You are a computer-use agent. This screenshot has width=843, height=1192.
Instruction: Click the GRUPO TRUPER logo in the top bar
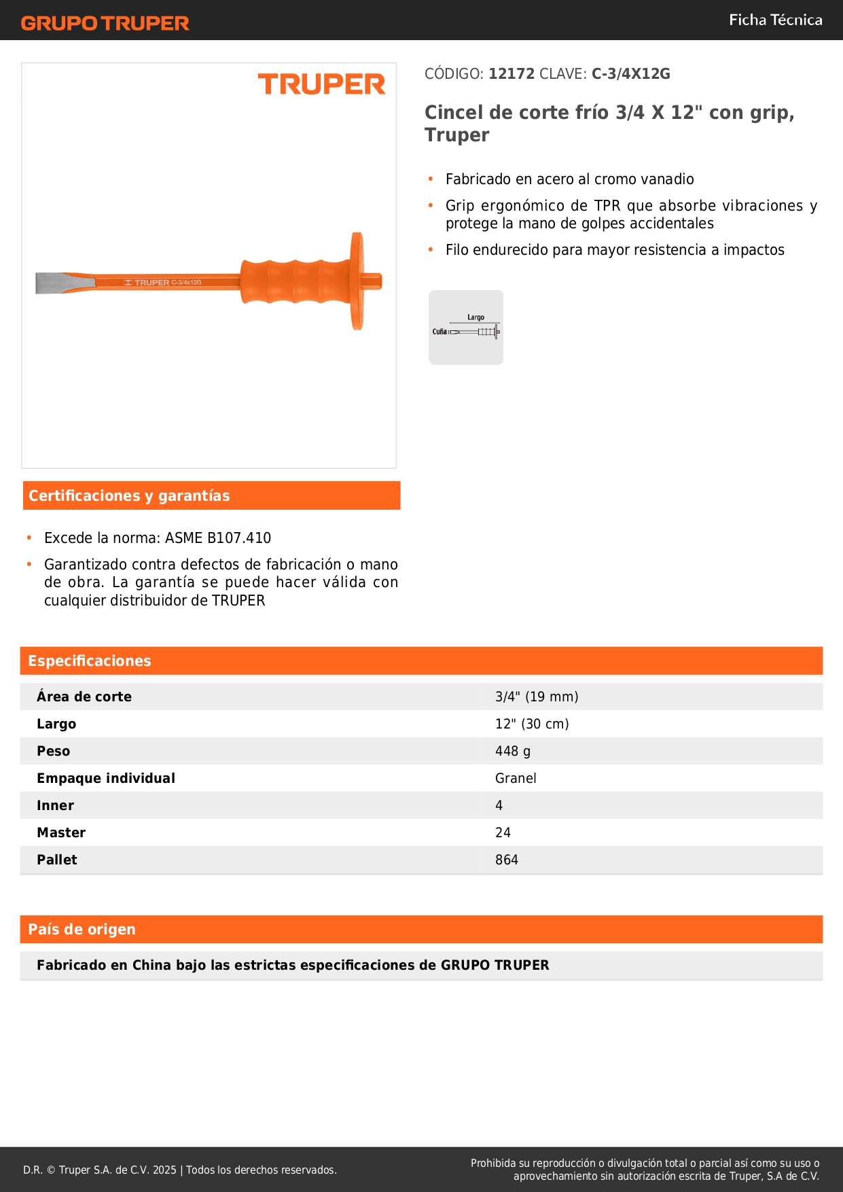tap(105, 23)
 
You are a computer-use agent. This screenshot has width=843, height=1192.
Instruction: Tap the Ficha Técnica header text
tap(775, 20)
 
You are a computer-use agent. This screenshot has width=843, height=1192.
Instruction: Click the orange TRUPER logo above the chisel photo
tap(321, 84)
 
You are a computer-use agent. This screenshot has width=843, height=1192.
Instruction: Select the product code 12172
tap(512, 73)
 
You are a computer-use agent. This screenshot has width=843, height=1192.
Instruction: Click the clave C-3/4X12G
tap(630, 73)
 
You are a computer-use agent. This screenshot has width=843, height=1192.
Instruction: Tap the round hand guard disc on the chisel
tap(357, 281)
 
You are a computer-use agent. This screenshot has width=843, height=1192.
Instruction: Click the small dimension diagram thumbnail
tap(466, 328)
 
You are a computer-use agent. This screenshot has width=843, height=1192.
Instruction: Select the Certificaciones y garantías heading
tap(129, 495)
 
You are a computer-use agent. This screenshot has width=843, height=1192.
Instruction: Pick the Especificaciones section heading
tap(90, 661)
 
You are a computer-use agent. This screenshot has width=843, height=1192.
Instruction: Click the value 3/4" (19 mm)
tap(537, 697)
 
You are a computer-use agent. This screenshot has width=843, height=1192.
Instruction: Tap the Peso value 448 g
tap(513, 751)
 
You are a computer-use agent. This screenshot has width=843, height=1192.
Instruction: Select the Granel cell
tap(516, 778)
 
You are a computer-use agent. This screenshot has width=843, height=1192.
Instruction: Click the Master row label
tap(61, 832)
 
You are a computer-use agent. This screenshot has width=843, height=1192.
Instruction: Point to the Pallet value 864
tap(507, 860)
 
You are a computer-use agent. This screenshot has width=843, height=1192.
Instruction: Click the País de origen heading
tap(82, 929)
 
